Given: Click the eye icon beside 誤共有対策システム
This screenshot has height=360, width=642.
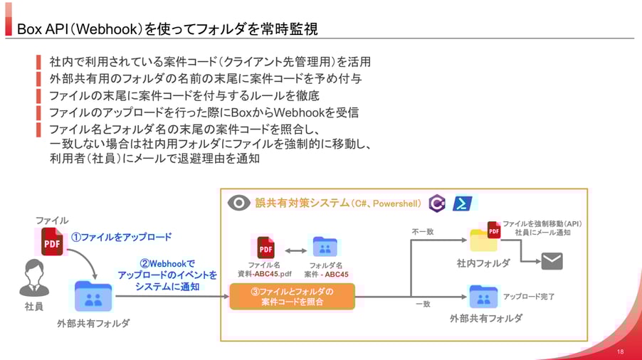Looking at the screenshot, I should pyautogui.click(x=238, y=203).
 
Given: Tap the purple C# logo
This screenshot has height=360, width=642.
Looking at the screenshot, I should pyautogui.click(x=437, y=203).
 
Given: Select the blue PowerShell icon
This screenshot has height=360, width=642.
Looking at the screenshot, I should pyautogui.click(x=463, y=203).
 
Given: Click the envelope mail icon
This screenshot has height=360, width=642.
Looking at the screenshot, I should pyautogui.click(x=552, y=261).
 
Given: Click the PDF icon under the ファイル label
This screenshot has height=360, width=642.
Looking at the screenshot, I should pyautogui.click(x=51, y=242).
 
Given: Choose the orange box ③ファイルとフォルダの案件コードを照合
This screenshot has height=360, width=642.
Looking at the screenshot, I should pyautogui.click(x=292, y=296).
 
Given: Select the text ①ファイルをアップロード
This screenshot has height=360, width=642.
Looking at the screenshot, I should pyautogui.click(x=121, y=237).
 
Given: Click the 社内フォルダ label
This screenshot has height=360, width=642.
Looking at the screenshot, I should pyautogui.click(x=483, y=263).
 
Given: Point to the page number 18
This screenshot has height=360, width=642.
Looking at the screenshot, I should pyautogui.click(x=620, y=351).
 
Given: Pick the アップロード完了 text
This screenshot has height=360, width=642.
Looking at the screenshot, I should pyautogui.click(x=529, y=296).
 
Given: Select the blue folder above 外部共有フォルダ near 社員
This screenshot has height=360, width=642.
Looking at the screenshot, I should pyautogui.click(x=93, y=296).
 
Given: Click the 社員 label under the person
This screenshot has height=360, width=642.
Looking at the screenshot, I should pyautogui.click(x=33, y=307).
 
